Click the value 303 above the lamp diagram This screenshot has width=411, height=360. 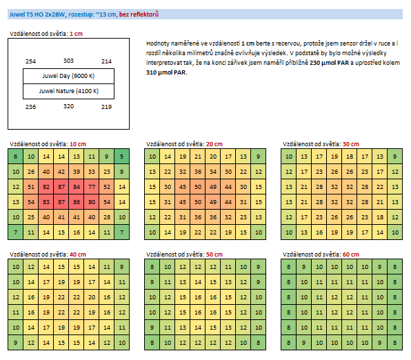click(x=68, y=61)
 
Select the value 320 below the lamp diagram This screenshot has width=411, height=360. click(x=68, y=106)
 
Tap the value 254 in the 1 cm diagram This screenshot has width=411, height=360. click(x=30, y=61)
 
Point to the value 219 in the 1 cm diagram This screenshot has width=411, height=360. click(x=106, y=107)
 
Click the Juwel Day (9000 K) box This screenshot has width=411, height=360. click(x=69, y=77)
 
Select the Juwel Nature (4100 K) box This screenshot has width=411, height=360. click(x=69, y=91)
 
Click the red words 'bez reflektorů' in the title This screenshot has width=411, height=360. click(x=139, y=14)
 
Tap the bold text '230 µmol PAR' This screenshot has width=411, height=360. click(x=329, y=63)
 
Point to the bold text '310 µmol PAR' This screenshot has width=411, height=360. click(x=166, y=72)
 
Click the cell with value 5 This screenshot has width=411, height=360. click(x=122, y=157)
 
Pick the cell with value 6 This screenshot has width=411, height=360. click(x=16, y=157)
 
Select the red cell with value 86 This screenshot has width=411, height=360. click(x=77, y=202)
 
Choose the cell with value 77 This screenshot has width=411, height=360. click(x=92, y=187)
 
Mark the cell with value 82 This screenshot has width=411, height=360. click(x=46, y=187)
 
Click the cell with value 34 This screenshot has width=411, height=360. click(x=213, y=172)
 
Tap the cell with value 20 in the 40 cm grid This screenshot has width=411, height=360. click(x=92, y=297)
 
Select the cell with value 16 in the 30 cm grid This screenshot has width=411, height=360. click(x=319, y=232)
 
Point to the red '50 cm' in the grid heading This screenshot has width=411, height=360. click(x=214, y=254)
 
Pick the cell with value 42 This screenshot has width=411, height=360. click(x=61, y=172)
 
